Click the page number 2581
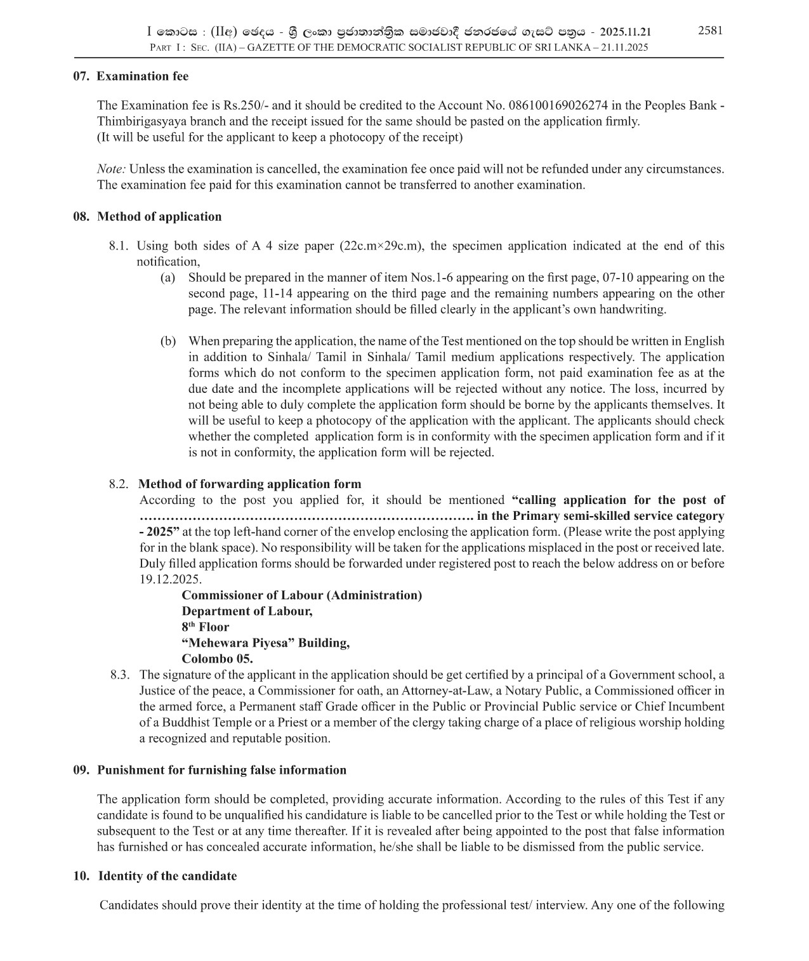tap(710, 30)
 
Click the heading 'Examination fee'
tap(142, 76)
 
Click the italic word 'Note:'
tap(111, 169)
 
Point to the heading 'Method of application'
tap(159, 216)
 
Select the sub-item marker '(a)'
tap(168, 277)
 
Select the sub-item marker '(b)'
tap(168, 341)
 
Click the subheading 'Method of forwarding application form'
tap(249, 484)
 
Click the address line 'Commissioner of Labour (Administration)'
tap(301, 595)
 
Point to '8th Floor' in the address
tap(205, 627)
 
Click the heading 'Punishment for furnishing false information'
tap(221, 770)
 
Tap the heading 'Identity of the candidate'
tap(167, 876)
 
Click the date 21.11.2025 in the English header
tap(624, 48)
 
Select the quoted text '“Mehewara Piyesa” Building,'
tap(265, 643)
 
